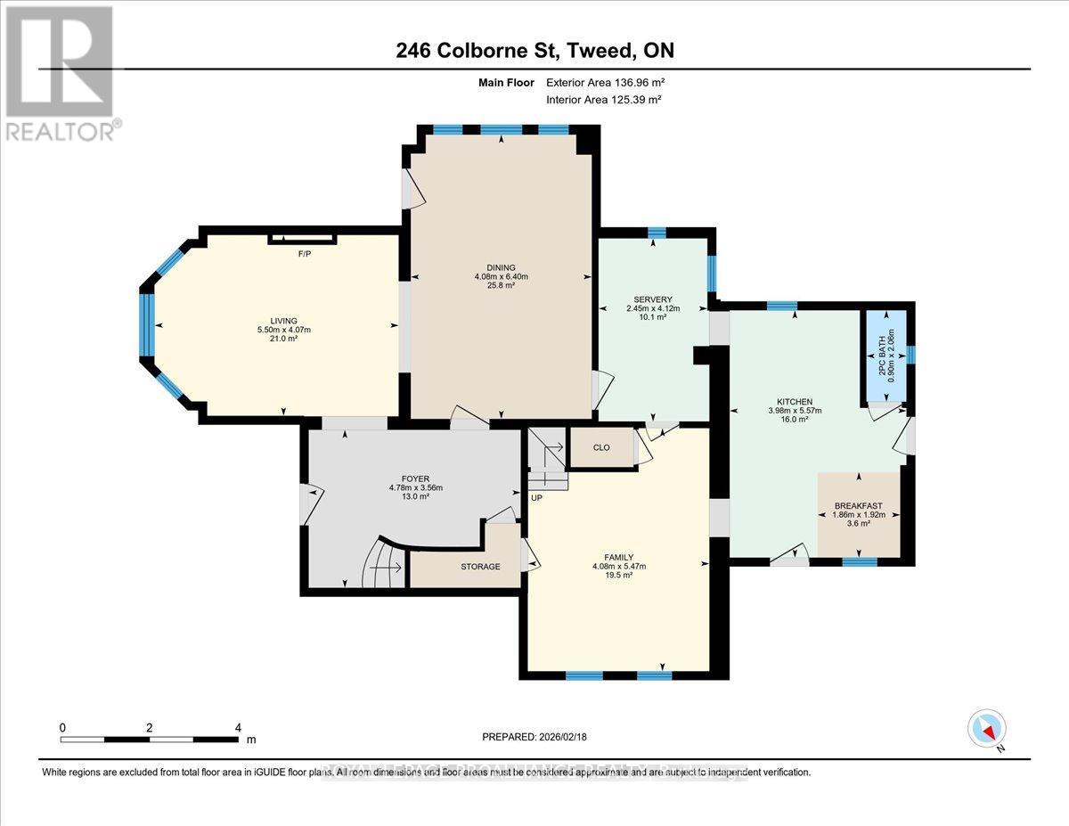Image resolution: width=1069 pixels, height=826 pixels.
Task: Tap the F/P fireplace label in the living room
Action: click(x=305, y=255)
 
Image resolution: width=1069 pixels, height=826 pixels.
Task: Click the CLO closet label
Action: click(x=601, y=447)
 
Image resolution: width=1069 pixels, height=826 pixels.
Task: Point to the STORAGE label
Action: click(x=480, y=567)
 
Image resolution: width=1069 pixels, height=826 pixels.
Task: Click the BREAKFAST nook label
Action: click(x=858, y=506)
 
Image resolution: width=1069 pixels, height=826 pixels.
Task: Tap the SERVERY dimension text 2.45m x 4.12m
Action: click(x=652, y=308)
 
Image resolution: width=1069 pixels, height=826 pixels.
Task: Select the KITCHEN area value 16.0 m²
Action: click(x=795, y=420)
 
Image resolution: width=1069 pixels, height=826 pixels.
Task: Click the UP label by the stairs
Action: click(x=536, y=497)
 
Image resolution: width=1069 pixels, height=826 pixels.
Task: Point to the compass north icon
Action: click(x=986, y=729)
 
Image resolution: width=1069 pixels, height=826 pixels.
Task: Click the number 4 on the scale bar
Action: click(x=238, y=727)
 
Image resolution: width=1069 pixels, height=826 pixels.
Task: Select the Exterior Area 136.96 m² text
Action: click(x=606, y=83)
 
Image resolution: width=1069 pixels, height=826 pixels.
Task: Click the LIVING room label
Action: click(x=283, y=321)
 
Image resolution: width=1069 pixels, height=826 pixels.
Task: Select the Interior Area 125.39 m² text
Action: click(x=603, y=99)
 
